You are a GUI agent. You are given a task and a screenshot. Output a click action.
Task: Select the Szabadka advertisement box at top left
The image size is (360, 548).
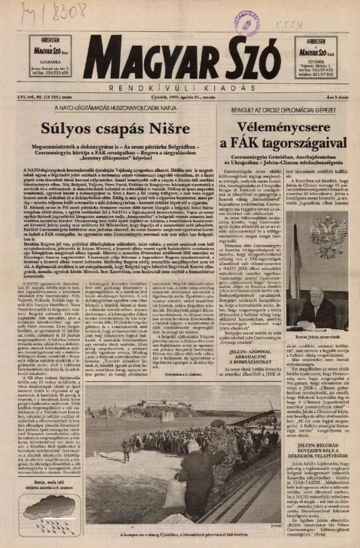pyautogui.click(x=49, y=56)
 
